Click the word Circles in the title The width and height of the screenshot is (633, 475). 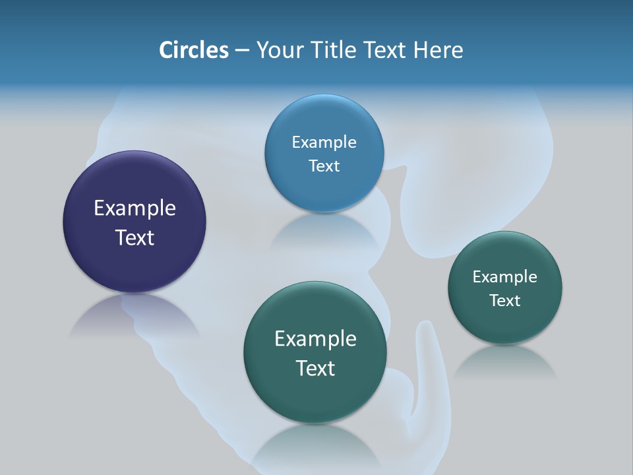194,50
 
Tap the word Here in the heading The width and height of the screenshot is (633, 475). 438,50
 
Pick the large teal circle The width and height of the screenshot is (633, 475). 315,396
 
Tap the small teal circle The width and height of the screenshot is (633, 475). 505,323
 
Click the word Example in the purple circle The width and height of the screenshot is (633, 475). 135,208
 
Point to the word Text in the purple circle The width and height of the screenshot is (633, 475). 135,237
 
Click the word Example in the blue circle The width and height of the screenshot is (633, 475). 324,142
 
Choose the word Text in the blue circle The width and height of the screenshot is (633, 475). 324,166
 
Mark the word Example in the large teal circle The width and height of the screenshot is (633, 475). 315,338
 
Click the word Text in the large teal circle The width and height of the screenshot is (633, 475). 315,368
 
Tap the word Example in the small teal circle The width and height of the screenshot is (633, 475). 505,276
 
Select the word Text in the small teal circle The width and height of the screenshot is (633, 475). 505,300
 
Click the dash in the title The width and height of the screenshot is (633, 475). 242,51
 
